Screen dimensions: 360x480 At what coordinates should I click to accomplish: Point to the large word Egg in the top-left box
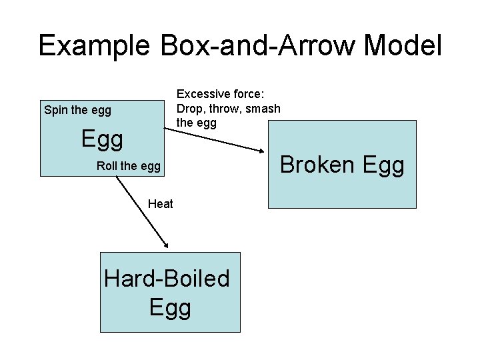(102, 139)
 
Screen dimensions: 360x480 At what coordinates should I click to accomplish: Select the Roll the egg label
(129, 166)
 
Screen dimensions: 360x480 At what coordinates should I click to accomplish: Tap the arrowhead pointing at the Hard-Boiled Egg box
(164, 246)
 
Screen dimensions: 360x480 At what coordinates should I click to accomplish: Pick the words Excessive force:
(220, 94)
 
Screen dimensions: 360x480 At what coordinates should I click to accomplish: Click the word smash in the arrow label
(263, 109)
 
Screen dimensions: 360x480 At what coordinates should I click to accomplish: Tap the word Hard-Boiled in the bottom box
(167, 278)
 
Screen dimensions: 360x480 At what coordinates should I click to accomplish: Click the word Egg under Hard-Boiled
(170, 307)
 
